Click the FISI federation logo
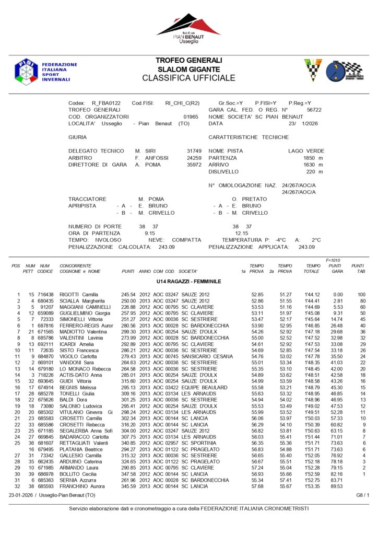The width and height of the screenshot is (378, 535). pyautogui.click(x=26, y=71)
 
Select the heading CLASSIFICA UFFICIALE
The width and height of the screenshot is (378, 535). pyautogui.click(x=188, y=78)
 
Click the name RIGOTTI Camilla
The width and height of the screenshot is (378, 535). pyautogui.click(x=79, y=295)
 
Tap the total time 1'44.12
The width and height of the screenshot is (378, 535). pyautogui.click(x=313, y=295)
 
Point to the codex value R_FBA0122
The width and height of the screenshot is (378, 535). pyautogui.click(x=106, y=103)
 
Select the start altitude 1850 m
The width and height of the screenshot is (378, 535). pyautogui.click(x=313, y=157)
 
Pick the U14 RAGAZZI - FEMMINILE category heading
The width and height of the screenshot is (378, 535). pyautogui.click(x=188, y=282)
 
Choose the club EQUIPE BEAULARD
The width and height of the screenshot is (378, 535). pyautogui.click(x=204, y=388)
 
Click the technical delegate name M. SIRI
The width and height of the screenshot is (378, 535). pyautogui.click(x=145, y=150)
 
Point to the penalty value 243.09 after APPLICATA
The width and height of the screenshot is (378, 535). pyautogui.click(x=306, y=247)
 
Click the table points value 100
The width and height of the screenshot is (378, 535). pyautogui.click(x=361, y=295)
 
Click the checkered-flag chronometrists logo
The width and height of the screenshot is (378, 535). pyautogui.click(x=345, y=71)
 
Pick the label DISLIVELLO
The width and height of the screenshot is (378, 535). pyautogui.click(x=224, y=171)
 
